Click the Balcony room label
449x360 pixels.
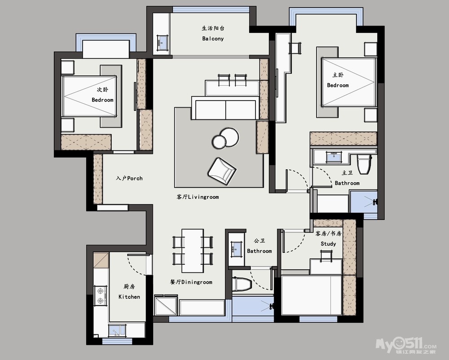213,39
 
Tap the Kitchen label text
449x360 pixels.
129,297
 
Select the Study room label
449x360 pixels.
328,244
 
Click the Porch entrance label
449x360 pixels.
129,178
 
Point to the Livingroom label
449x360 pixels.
198,197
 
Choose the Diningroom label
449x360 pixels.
191,282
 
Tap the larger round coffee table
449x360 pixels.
229,136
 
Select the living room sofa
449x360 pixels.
226,108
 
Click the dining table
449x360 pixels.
193,250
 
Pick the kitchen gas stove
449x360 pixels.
101,296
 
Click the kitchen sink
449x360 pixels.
117,330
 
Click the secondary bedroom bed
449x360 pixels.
89,96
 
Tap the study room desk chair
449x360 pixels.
326,255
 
